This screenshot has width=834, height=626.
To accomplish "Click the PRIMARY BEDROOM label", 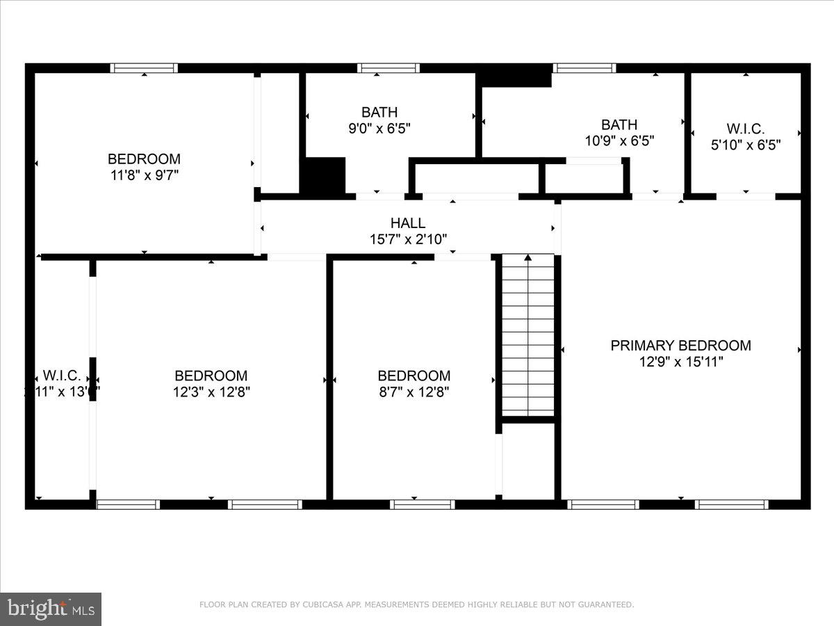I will click(680, 345).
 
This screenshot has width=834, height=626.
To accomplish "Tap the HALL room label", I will click(408, 223).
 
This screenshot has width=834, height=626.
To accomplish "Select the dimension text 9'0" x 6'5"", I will click(379, 128).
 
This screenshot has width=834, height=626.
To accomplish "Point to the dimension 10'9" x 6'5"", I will click(619, 141).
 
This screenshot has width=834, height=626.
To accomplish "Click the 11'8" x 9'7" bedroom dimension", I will click(144, 175).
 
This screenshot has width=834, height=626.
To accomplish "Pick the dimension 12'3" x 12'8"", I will click(211, 392).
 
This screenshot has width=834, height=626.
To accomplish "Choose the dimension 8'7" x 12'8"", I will click(414, 392).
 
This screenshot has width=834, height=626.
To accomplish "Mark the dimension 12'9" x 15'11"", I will click(680, 362).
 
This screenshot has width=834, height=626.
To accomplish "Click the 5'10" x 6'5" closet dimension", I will click(746, 145).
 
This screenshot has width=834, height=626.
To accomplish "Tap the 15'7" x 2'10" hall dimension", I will click(408, 239).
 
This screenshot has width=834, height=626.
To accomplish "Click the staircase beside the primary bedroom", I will click(528, 337).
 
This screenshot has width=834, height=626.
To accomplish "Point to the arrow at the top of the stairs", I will click(528, 258).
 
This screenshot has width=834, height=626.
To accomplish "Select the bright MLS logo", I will click(51, 609).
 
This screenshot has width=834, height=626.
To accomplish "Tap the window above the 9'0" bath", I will click(389, 68).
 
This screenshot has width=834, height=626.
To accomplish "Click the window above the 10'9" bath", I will click(584, 68).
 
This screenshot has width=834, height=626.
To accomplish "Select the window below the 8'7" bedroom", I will click(423, 504).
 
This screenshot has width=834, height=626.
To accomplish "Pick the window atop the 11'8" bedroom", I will click(145, 68).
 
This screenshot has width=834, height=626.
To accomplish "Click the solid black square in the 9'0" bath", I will click(322, 175).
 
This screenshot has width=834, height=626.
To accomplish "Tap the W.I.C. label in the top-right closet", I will click(746, 129).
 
